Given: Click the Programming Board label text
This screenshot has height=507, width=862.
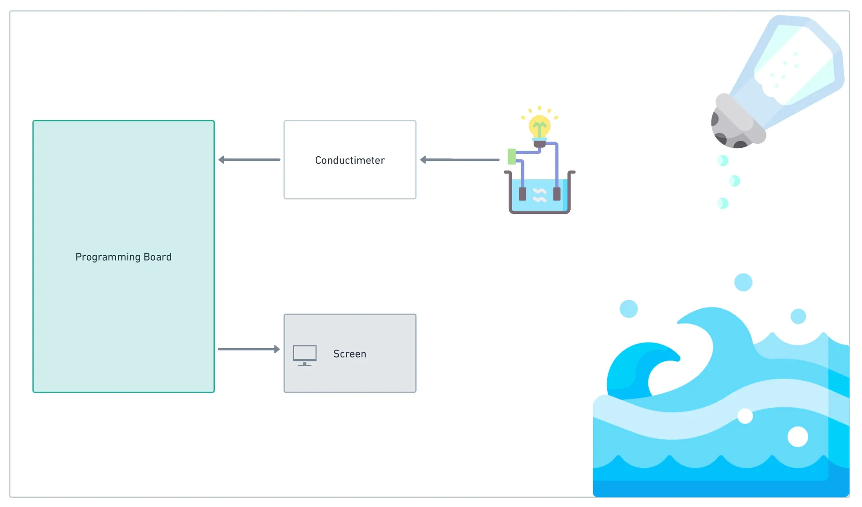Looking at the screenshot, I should click(123, 257).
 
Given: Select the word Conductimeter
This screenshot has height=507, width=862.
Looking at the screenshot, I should click(350, 160).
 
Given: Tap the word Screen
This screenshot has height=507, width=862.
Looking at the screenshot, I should click(350, 354).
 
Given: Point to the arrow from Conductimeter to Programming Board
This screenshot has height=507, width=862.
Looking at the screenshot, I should click(249, 160).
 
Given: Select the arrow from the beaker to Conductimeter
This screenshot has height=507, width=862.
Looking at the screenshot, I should click(460, 160).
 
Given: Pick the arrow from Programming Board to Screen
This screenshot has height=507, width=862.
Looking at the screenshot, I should click(249, 349).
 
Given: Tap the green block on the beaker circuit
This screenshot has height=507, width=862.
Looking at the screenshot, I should click(512, 156).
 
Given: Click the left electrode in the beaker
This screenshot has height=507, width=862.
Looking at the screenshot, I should click(522, 194).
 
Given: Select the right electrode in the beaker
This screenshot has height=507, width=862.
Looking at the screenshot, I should click(557, 194).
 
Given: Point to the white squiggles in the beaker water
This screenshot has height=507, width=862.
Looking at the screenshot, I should click(540, 195).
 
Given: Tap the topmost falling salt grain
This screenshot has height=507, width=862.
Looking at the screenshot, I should click(723, 160).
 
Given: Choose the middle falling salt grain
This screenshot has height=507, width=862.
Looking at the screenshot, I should click(734, 181).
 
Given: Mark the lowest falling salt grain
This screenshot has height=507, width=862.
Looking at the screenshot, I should click(723, 203).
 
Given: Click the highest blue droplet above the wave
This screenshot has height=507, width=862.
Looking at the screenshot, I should click(743, 282).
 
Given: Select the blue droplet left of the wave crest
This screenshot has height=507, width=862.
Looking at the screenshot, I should click(629, 309).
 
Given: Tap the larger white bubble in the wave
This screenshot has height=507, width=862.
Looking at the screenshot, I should click(798, 437).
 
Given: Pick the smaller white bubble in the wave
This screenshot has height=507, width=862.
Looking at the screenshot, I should click(745, 416).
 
